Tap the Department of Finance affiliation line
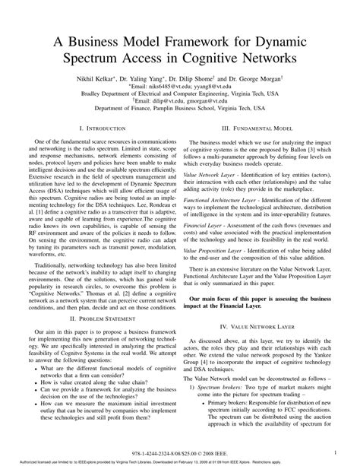[x=179, y=113]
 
